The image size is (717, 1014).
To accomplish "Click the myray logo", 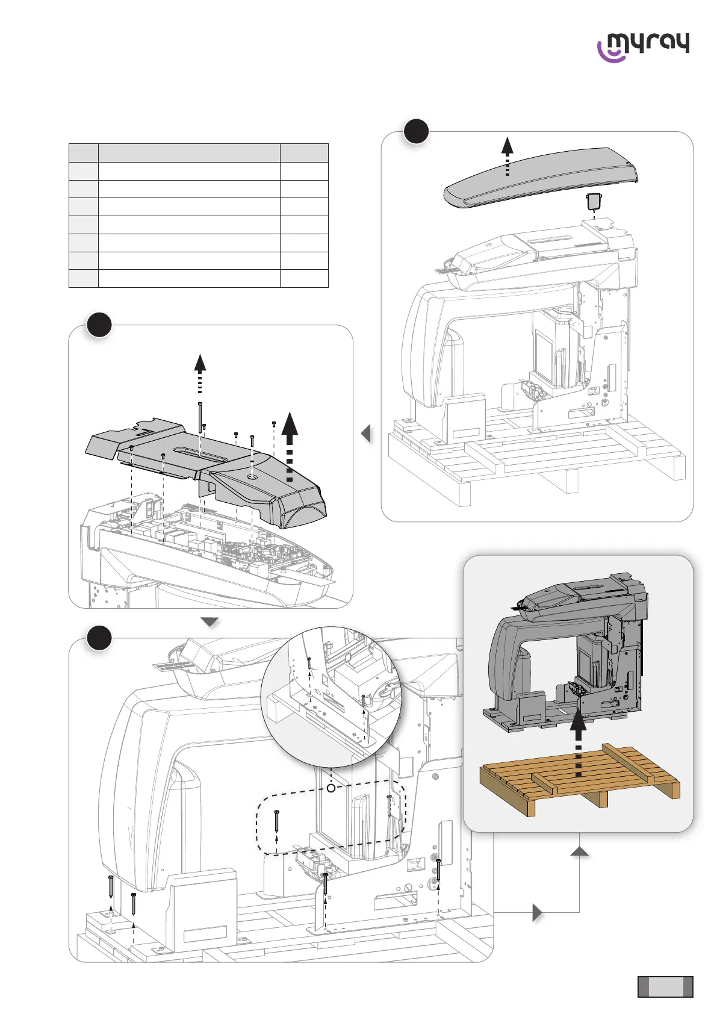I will [x=643, y=47].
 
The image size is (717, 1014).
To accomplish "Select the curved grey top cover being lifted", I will [x=541, y=177].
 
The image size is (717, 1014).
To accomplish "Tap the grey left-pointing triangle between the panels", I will [x=365, y=434].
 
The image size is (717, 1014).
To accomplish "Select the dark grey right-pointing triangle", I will [x=538, y=913].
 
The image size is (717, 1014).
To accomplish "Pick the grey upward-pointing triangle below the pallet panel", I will [x=579, y=850].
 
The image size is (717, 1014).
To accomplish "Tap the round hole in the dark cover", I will [x=251, y=476].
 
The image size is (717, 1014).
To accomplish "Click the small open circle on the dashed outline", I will [x=331, y=788].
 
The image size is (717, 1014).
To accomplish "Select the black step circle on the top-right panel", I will [x=416, y=131].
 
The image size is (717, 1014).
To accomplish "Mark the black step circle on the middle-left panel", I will [x=99, y=325].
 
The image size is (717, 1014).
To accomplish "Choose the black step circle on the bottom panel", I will [x=99, y=638].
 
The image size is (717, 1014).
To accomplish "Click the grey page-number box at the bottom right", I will [x=665, y=987].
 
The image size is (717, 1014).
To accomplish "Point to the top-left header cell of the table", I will [x=84, y=152].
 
